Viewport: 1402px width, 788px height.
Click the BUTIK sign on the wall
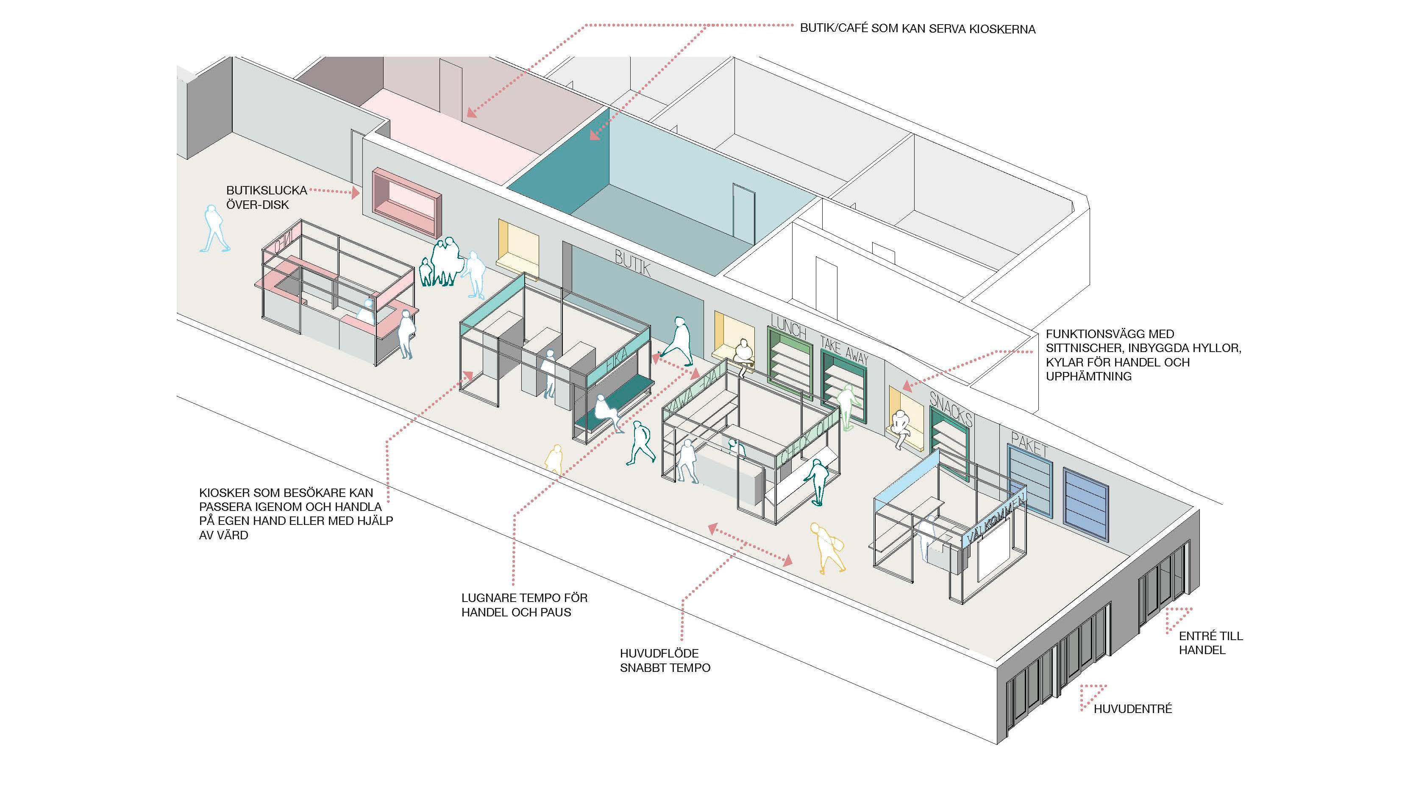[x=632, y=263]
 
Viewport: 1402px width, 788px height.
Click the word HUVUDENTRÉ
[x=1132, y=708]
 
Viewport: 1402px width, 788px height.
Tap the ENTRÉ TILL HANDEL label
[x=1210, y=643]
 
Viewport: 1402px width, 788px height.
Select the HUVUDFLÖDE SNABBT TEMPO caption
[x=665, y=660]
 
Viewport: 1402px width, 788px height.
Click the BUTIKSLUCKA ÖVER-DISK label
[x=266, y=197]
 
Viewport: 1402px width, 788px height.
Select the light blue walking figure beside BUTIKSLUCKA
[x=214, y=229]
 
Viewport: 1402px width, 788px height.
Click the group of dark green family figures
[x=442, y=262]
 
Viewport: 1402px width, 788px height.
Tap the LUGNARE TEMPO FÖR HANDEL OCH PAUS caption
[x=524, y=605]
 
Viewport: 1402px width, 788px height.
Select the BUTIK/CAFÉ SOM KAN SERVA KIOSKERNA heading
[x=917, y=29]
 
